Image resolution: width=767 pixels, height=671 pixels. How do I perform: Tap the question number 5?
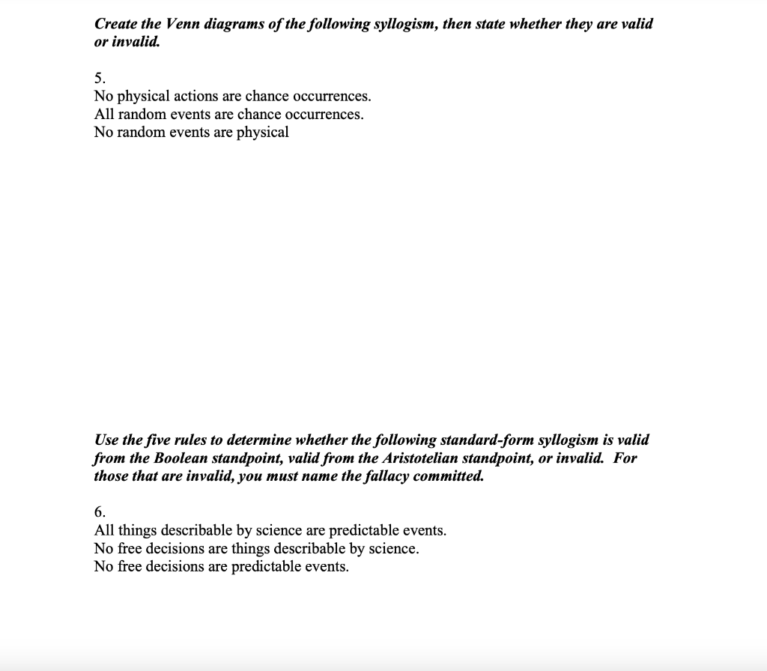click(x=100, y=78)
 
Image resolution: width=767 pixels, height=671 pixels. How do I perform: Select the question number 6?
click(x=100, y=512)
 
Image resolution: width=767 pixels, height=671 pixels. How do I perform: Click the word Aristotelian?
click(x=402, y=458)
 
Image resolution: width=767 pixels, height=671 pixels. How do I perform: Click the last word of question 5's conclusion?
click(x=263, y=133)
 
